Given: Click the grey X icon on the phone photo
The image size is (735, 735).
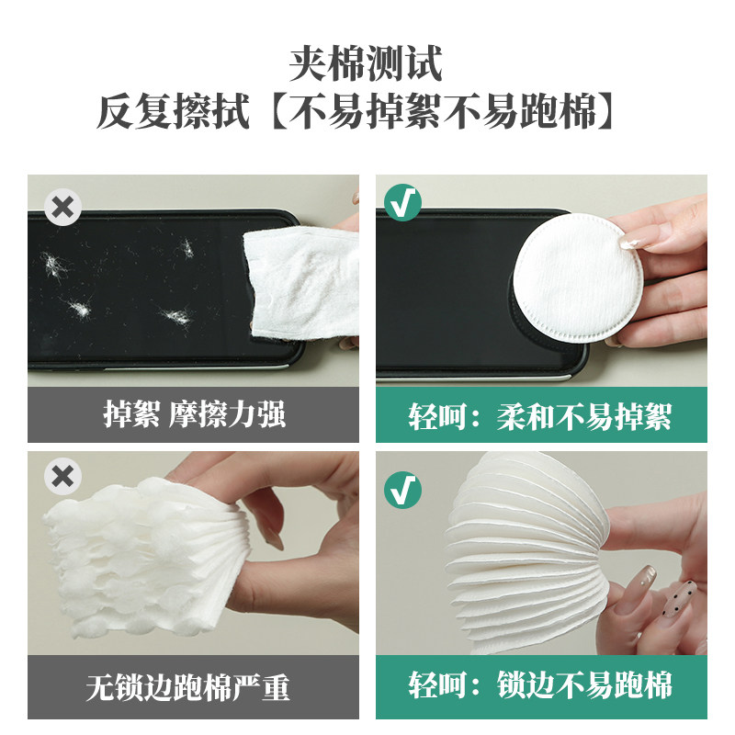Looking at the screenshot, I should (x=62, y=208).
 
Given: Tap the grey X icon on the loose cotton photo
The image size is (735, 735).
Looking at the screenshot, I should (x=62, y=477).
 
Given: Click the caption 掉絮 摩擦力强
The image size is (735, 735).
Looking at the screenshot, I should (x=193, y=414).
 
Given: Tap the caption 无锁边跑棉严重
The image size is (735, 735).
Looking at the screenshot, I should (x=193, y=685).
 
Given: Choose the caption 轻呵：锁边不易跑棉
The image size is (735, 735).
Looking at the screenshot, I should (x=540, y=684).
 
